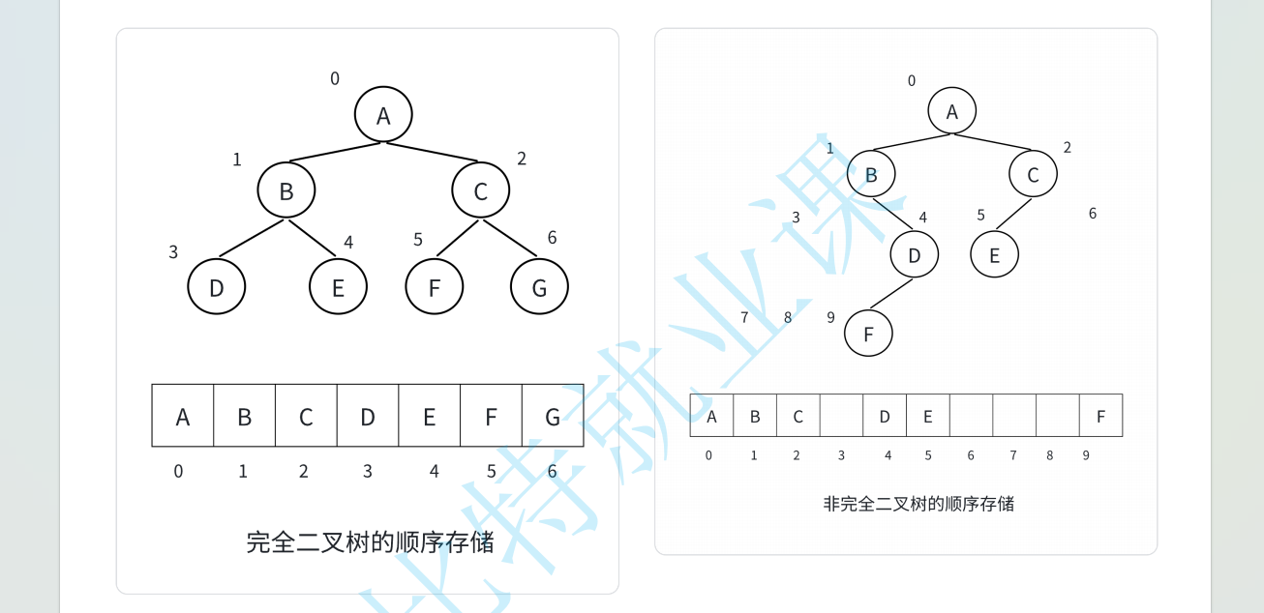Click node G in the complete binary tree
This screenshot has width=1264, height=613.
click(x=539, y=286)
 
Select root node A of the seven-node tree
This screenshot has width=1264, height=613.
click(x=383, y=115)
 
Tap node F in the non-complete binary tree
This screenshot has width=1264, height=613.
click(x=868, y=334)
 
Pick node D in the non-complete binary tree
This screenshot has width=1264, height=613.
click(x=915, y=255)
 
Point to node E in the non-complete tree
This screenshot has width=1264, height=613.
click(x=995, y=255)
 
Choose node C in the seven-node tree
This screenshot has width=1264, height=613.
click(x=480, y=190)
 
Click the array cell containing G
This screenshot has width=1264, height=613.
click(x=553, y=416)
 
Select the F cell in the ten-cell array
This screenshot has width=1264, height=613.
click(x=1100, y=416)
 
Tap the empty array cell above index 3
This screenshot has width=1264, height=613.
click(x=841, y=416)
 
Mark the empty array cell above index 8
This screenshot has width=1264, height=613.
click(x=1057, y=416)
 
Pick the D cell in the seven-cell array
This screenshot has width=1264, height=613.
click(x=368, y=416)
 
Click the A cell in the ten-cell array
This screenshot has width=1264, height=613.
click(x=712, y=416)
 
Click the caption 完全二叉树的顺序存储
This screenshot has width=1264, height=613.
click(x=370, y=541)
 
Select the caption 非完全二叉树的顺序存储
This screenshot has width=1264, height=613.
click(x=918, y=504)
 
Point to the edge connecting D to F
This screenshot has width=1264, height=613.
click(x=891, y=293)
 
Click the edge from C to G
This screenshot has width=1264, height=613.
click(x=510, y=239)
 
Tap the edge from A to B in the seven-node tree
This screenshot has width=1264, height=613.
click(x=335, y=152)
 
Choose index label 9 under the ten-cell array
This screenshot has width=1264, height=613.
click(x=1086, y=455)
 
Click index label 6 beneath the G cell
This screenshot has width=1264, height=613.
click(x=552, y=472)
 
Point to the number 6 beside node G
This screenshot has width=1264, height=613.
click(x=552, y=238)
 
